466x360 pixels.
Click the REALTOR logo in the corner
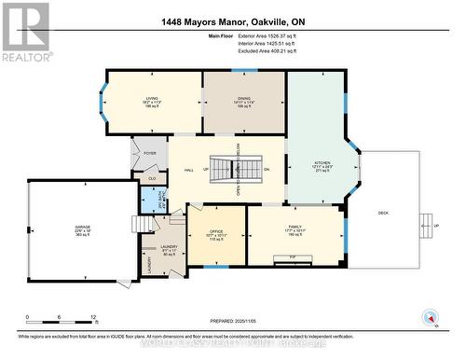point(26,32)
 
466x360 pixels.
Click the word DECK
point(382,212)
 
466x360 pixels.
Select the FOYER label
point(149,152)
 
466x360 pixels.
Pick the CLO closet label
point(152,177)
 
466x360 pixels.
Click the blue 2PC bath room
point(151,199)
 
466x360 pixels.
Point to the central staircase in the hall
point(222,169)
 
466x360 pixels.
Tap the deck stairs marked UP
point(427,225)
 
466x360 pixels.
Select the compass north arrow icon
point(430,315)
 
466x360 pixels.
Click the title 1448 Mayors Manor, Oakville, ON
point(233,10)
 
